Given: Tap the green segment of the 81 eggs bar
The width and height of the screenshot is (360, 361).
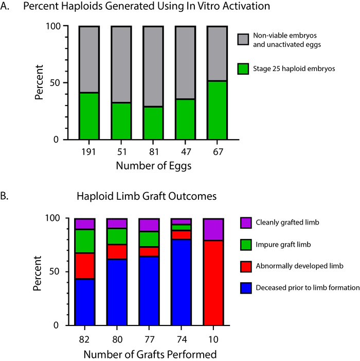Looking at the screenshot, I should [153, 123].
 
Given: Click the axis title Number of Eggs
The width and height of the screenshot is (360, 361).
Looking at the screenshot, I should [153, 166].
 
